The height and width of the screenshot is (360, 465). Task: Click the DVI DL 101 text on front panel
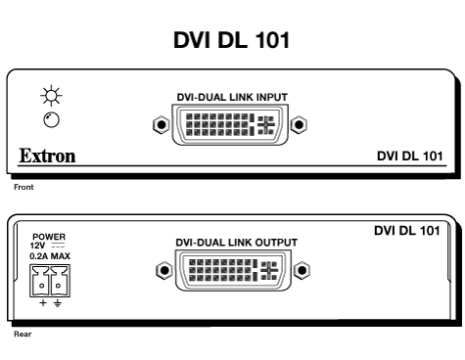(411, 157)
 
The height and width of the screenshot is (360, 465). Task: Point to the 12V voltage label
(42, 246)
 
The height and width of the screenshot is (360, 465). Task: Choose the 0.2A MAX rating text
(48, 256)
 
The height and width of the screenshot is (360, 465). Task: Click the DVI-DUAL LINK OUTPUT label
(233, 241)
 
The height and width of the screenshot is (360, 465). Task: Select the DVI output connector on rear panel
(233, 268)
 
